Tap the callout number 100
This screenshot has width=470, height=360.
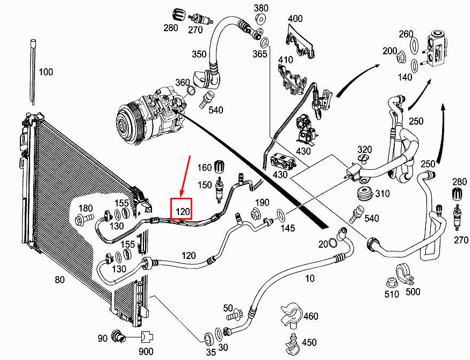click(x=46, y=72)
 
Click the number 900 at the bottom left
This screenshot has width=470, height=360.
click(x=147, y=351)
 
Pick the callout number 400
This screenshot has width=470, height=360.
click(x=295, y=19)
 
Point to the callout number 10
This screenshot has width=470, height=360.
click(x=310, y=278)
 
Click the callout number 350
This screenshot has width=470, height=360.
click(x=199, y=55)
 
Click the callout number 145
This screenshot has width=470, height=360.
click(x=288, y=228)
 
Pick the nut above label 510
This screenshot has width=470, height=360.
click(x=392, y=281)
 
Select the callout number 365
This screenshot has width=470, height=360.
click(x=260, y=54)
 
